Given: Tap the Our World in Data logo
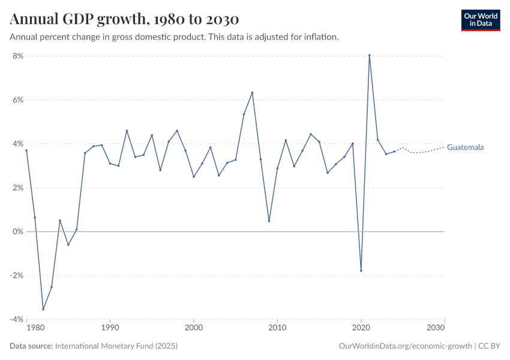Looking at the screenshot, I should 480,20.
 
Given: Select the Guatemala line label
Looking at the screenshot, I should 466,147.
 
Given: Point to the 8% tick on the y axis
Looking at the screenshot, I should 16,56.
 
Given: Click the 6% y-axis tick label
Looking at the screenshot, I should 16,100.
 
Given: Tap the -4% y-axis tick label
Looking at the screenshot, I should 14,319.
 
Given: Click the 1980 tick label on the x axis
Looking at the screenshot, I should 35,328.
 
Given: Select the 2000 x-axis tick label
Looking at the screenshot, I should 194,328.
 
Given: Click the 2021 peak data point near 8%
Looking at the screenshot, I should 370,55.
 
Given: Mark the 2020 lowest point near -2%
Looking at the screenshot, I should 361,271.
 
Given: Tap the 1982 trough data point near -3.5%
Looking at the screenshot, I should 43,309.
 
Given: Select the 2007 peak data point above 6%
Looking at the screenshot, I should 252,92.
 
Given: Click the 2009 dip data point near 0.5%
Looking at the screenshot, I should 269,221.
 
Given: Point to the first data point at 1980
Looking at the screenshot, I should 26,151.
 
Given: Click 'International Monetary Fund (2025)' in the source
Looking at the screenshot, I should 116,346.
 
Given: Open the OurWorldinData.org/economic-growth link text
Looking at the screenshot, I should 406,346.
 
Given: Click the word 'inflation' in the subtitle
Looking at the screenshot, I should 321,37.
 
